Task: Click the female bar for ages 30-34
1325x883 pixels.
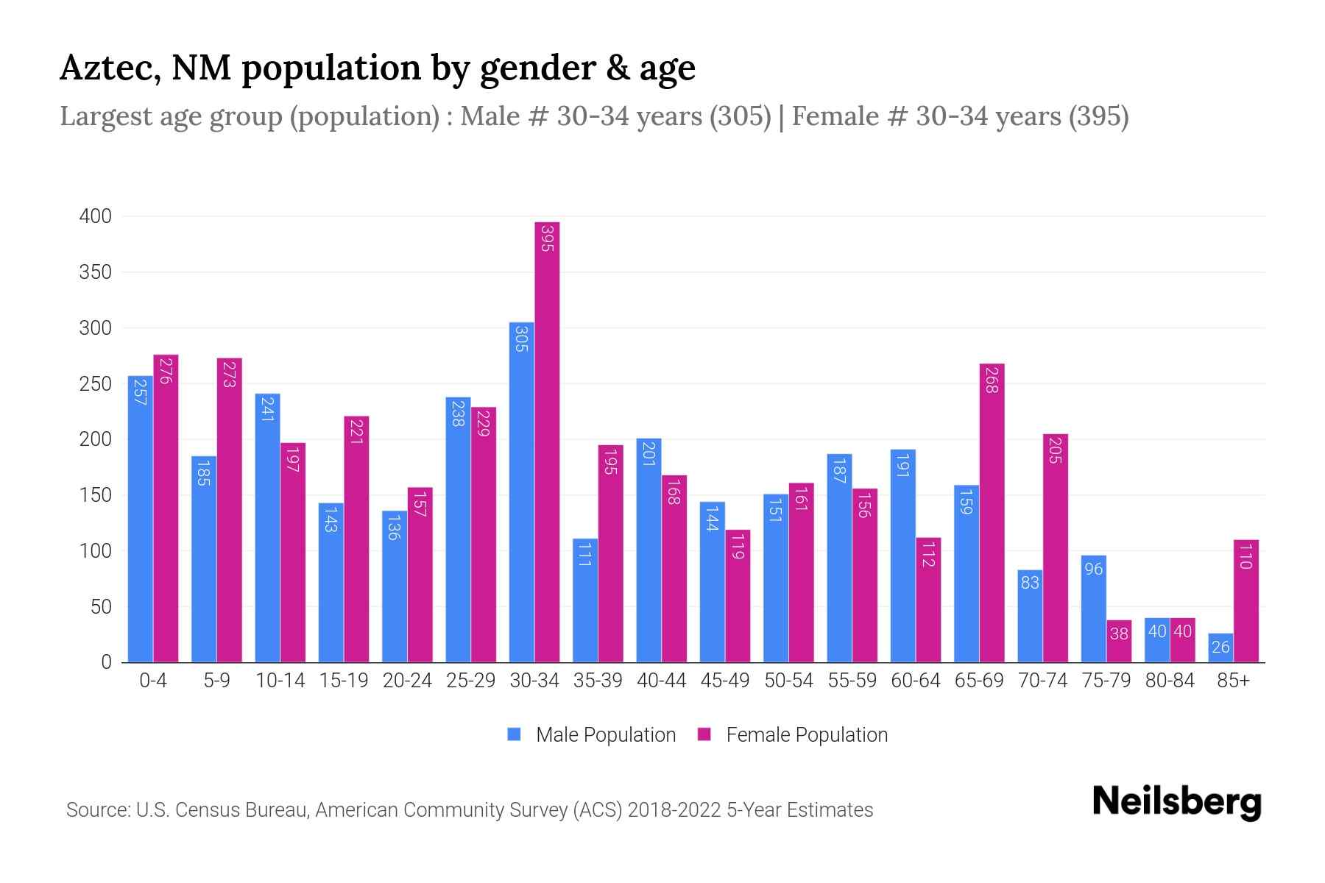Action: coord(547,441)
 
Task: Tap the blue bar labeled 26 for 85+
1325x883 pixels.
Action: coord(1220,648)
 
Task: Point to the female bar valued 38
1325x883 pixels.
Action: coord(1119,641)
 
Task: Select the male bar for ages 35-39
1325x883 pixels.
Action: coord(585,600)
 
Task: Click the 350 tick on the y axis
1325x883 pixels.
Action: coord(96,272)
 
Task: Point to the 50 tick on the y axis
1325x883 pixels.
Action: coord(101,607)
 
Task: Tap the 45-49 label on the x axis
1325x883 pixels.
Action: coord(725,681)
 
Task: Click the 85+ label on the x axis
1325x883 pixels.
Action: coord(1233,681)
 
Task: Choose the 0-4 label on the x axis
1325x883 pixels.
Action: coord(153,681)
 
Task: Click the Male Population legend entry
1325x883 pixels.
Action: coord(605,735)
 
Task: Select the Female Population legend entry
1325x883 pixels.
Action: coord(806,735)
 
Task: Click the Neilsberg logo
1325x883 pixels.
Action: coord(1176,802)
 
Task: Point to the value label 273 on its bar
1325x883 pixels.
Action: coord(229,373)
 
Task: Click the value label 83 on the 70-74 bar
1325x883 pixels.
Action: coord(1030,583)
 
